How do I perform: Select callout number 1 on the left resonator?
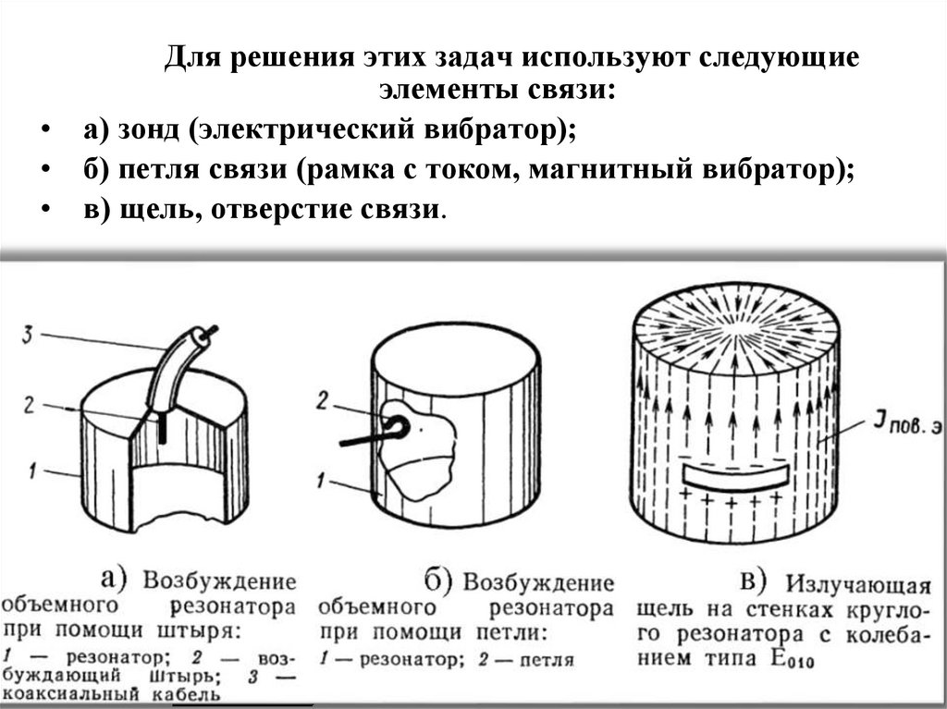(30, 473)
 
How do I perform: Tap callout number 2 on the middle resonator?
(322, 400)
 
